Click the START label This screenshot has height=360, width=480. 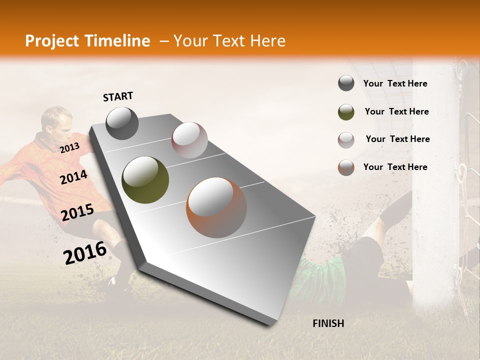point(118,96)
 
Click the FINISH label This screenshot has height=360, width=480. point(328,323)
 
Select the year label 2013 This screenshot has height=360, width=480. point(69,148)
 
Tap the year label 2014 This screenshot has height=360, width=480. point(73,177)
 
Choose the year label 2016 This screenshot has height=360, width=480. point(85,252)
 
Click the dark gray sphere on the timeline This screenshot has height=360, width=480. point(122,123)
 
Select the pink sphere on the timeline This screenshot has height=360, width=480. point(189,140)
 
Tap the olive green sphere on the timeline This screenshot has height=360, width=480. point(145,180)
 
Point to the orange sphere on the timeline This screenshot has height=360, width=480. point(216,207)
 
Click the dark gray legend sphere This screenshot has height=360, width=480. point(346,83)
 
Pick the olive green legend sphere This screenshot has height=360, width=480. point(346,112)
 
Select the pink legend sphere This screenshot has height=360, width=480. point(346,139)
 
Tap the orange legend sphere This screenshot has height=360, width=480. point(346,167)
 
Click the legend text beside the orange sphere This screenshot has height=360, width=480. point(395,167)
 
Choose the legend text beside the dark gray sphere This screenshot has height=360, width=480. point(395,83)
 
